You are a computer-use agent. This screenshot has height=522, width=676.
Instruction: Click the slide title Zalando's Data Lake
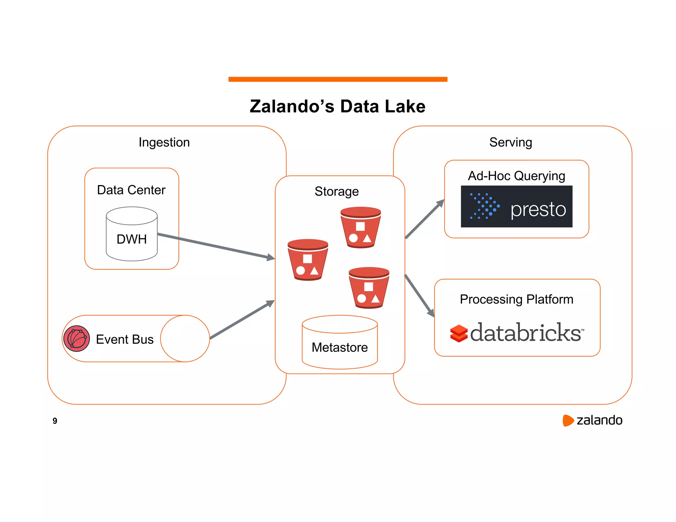tap(337, 107)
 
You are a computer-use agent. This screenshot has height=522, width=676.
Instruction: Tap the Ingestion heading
tap(164, 143)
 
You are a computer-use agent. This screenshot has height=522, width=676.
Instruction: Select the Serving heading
tap(510, 143)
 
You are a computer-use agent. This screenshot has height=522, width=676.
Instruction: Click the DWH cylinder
tap(132, 234)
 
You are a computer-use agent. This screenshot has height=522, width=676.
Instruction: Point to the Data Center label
tap(131, 190)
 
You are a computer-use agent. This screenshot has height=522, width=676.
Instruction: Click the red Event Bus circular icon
tap(77, 339)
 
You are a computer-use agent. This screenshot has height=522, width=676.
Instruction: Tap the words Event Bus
tap(124, 340)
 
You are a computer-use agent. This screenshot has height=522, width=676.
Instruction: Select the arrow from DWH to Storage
tap(215, 246)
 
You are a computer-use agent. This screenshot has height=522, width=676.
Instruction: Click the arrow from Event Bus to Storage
tap(243, 320)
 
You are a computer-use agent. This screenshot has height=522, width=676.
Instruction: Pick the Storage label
tap(336, 191)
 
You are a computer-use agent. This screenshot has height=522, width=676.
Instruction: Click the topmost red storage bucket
tap(360, 228)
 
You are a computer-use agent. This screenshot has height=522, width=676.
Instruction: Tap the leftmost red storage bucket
tap(308, 260)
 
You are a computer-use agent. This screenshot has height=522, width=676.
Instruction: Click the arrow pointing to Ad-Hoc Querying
tap(425, 218)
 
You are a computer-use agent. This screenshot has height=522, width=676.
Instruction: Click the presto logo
tap(516, 207)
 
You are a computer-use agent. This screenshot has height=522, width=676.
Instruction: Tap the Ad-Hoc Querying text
tap(516, 176)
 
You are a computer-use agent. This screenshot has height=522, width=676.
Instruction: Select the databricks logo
tap(517, 333)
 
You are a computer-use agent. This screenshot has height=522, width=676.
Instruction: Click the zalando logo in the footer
tap(592, 420)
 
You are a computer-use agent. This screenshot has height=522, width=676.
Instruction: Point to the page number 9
tap(55, 421)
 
